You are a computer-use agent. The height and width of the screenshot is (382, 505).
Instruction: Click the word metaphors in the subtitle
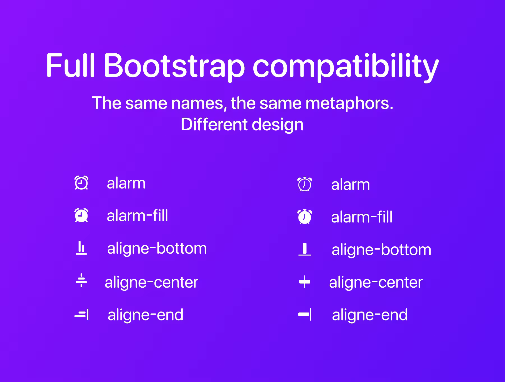point(349,103)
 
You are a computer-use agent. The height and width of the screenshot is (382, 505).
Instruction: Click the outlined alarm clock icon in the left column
point(81,183)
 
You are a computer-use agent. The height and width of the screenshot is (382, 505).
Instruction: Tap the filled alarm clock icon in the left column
point(81,215)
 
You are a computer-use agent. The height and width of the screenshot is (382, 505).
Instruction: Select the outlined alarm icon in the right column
point(305,184)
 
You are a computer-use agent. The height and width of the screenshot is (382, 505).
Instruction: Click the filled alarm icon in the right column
point(305,217)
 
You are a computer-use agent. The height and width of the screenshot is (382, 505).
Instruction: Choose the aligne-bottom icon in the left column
point(81,248)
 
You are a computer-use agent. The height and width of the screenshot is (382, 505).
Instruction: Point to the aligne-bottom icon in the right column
point(305,249)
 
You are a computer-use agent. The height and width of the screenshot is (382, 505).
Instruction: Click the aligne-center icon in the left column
point(81,280)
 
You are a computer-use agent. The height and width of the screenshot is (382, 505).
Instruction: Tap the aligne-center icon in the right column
point(305,282)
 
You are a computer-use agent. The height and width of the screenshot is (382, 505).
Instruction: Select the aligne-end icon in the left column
point(82,315)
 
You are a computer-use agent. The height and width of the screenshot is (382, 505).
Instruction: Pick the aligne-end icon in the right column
point(305,315)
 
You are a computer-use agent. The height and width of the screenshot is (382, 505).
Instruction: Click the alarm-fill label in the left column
point(137,216)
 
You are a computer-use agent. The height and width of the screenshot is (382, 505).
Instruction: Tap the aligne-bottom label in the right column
point(382,250)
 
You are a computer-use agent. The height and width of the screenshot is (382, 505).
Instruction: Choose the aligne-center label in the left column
point(151,283)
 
